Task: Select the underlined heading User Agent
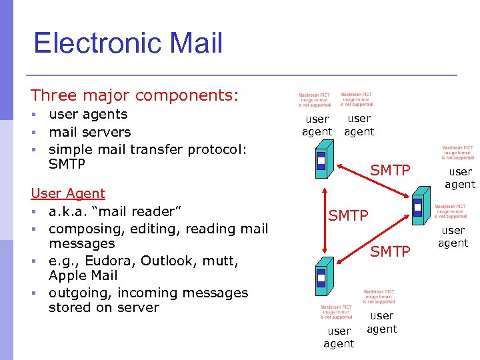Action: [68, 193]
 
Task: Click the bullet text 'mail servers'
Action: [89, 132]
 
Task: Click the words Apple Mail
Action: [83, 275]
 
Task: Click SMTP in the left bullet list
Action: [67, 164]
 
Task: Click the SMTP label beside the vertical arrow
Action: [348, 215]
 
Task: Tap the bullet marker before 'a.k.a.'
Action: [33, 211]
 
